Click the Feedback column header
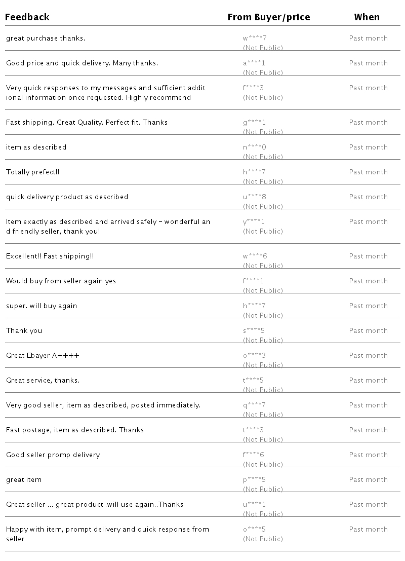28,17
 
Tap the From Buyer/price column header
269,17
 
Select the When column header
367,17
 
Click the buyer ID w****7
254,38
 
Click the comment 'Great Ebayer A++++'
43,356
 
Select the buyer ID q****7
254,405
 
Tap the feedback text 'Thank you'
24,331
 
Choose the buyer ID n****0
255,147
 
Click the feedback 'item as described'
36,147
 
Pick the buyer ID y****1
254,222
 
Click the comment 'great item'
24,480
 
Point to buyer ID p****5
255,480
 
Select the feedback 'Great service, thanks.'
43,381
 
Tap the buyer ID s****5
254,331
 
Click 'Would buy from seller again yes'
61,281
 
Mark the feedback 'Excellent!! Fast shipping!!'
50,256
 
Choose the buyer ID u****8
255,197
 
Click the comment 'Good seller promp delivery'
53,455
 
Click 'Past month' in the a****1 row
369,63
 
